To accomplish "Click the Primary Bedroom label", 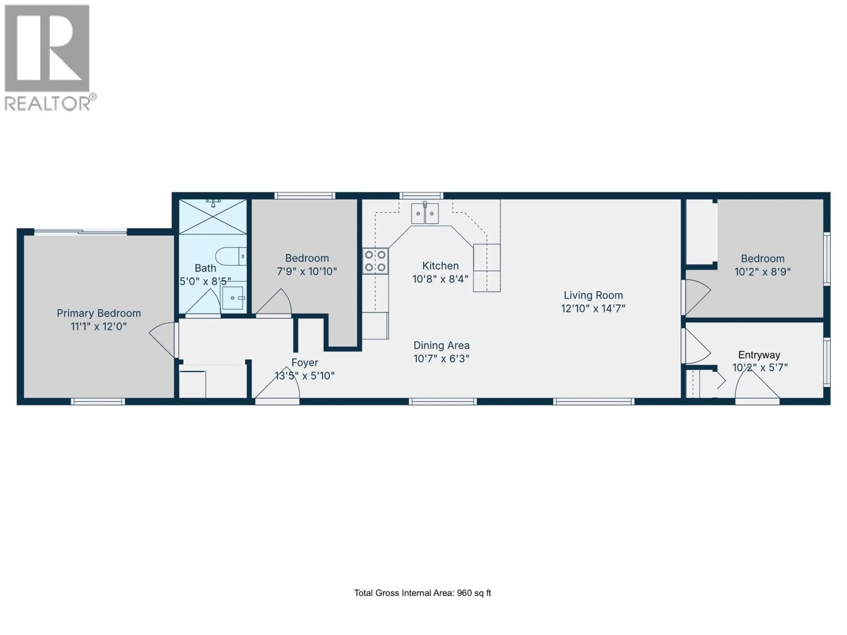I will pyautogui.click(x=99, y=313).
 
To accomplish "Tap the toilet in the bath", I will pyautogui.click(x=230, y=256).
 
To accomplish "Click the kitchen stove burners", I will pyautogui.click(x=375, y=261).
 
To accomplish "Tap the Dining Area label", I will pyautogui.click(x=441, y=345).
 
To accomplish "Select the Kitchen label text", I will pyautogui.click(x=440, y=266).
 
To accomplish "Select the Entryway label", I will pyautogui.click(x=759, y=355).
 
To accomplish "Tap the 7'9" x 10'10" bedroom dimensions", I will pyautogui.click(x=307, y=271).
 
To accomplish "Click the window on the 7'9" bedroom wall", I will pyautogui.click(x=305, y=196).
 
